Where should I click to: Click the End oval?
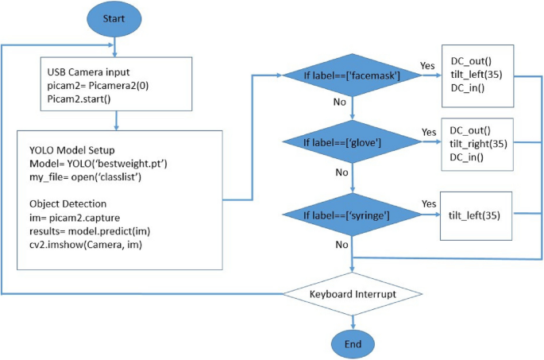352,343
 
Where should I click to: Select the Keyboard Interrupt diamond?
352,293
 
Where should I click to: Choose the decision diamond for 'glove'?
352,143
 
